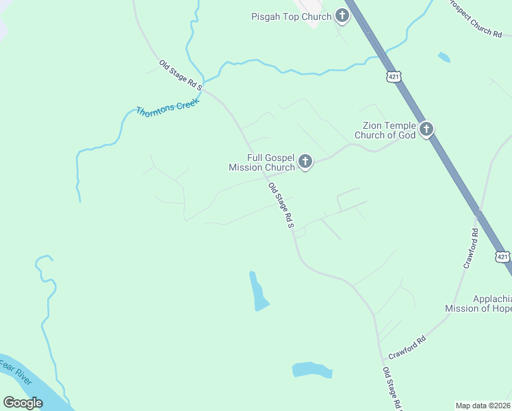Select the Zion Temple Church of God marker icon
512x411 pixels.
click(426, 129)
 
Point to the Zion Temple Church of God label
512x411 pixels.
click(385, 130)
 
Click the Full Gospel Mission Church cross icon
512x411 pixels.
click(305, 162)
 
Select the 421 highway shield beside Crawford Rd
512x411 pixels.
click(502, 257)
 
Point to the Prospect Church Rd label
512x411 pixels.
click(477, 19)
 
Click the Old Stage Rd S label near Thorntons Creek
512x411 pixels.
click(181, 75)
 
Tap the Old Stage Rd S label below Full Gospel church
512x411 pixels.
click(281, 205)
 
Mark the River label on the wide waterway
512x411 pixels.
click(17, 375)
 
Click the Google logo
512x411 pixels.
click(23, 403)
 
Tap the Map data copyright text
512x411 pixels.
click(483, 406)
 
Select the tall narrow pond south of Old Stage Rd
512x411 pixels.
click(258, 292)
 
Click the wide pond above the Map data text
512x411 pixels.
click(312, 370)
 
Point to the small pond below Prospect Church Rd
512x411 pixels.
click(444, 58)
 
